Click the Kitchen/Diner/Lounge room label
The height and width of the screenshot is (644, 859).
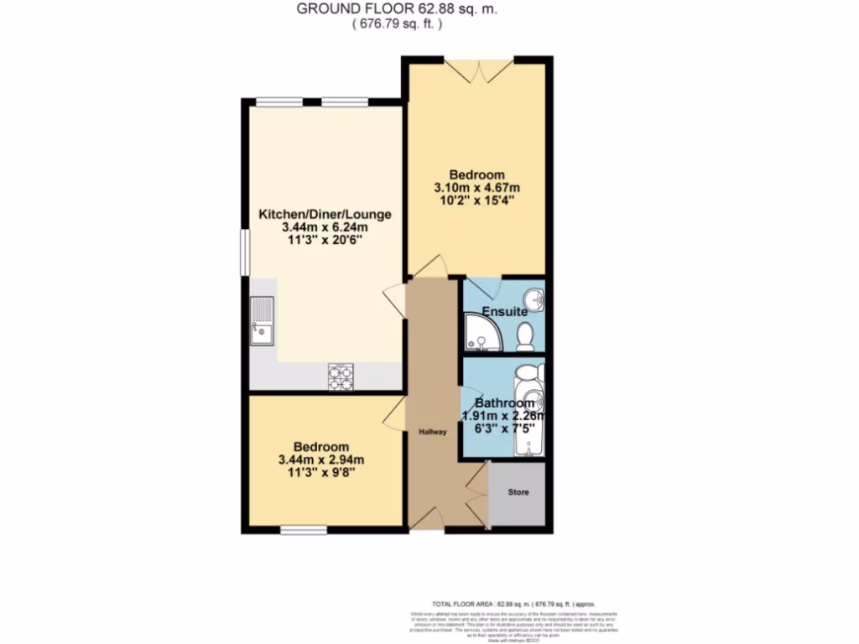pyautogui.click(x=324, y=214)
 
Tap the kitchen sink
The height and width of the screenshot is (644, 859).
pyautogui.click(x=261, y=321)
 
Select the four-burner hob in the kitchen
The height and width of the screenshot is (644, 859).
pyautogui.click(x=341, y=377)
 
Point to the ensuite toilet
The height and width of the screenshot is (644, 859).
pyautogui.click(x=526, y=336)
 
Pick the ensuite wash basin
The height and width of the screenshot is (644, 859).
pyautogui.click(x=534, y=299)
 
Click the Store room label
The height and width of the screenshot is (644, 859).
pyautogui.click(x=518, y=492)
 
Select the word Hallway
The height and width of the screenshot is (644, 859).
pyautogui.click(x=433, y=432)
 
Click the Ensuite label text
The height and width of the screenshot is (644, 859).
pyautogui.click(x=510, y=311)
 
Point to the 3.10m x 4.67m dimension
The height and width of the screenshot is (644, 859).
pyautogui.click(x=476, y=187)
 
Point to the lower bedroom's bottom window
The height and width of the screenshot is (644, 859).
pyautogui.click(x=303, y=529)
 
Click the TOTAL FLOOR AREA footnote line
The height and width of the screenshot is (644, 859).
pyautogui.click(x=513, y=604)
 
